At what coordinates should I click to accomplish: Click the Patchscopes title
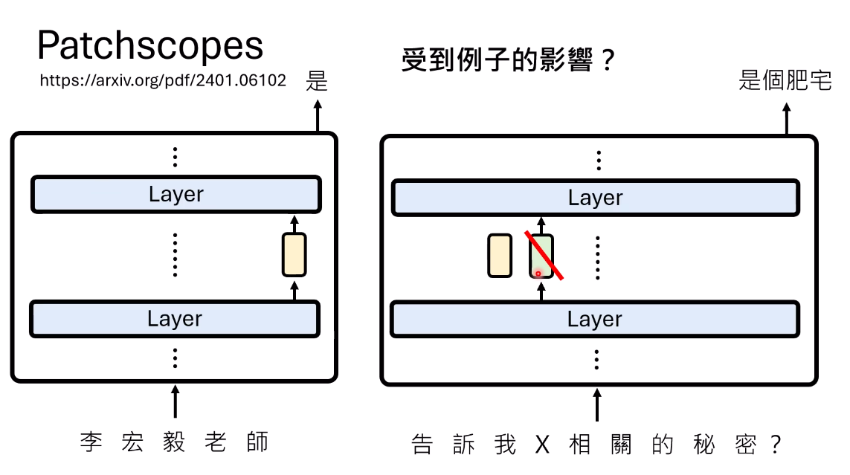[150, 45]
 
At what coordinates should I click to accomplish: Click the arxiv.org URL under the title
[163, 80]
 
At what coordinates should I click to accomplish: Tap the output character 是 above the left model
[317, 81]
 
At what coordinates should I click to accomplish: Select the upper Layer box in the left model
[176, 194]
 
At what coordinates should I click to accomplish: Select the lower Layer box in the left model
[175, 319]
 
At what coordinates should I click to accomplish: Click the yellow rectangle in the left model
[294, 254]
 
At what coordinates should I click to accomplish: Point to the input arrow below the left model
[175, 401]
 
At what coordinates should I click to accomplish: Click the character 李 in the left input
[91, 442]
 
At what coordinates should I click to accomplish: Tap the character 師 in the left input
[257, 442]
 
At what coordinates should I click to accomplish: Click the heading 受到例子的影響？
[509, 59]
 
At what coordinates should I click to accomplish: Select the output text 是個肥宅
[785, 80]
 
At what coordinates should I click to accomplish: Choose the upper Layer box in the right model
[596, 198]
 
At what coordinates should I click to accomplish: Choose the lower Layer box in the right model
[595, 320]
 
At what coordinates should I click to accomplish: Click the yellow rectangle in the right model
[500, 256]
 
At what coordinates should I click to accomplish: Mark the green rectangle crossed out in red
[541, 256]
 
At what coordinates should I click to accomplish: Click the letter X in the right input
[543, 445]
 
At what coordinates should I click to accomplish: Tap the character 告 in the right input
[422, 445]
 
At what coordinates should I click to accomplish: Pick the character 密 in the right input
[746, 445]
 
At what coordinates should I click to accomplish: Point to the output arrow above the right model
[787, 119]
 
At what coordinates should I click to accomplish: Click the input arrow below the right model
[597, 404]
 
